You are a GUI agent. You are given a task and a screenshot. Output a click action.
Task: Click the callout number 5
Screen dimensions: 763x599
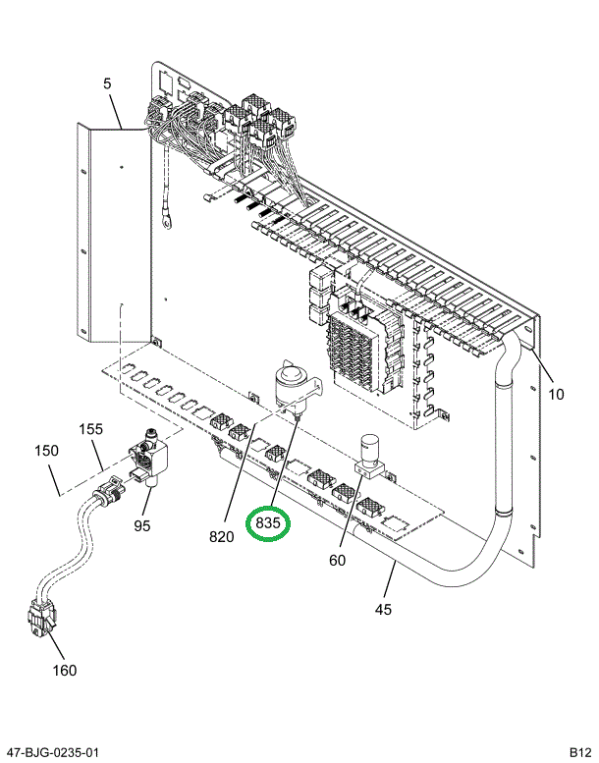pyautogui.click(x=107, y=84)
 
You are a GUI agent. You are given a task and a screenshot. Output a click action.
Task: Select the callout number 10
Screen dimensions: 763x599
pyautogui.click(x=556, y=395)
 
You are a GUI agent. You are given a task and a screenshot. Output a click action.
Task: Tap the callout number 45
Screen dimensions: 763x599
pyautogui.click(x=383, y=610)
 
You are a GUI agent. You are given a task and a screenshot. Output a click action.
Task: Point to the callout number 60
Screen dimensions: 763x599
pyautogui.click(x=337, y=561)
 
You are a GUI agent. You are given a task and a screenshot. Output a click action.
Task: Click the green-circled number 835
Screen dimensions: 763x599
pyautogui.click(x=269, y=524)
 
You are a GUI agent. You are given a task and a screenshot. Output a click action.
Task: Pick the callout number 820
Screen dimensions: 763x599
pyautogui.click(x=221, y=536)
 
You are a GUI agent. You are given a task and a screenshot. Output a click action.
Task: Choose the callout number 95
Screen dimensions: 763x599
pyautogui.click(x=142, y=525)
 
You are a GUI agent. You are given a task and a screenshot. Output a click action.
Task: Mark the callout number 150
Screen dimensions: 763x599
pyautogui.click(x=46, y=451)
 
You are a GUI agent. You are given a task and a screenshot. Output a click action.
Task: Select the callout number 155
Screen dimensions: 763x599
pyautogui.click(x=90, y=429)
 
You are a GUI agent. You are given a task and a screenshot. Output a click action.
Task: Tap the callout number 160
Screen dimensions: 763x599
pyautogui.click(x=64, y=671)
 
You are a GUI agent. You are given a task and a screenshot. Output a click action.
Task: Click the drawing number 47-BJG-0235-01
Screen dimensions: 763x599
pyautogui.click(x=50, y=752)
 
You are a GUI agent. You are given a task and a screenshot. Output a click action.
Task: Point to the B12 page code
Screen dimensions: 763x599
pyautogui.click(x=577, y=752)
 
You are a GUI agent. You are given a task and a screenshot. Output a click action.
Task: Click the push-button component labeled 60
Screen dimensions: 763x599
pyautogui.click(x=371, y=454)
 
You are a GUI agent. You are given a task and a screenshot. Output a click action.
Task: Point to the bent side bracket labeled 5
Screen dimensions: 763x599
pyautogui.click(x=116, y=236)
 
